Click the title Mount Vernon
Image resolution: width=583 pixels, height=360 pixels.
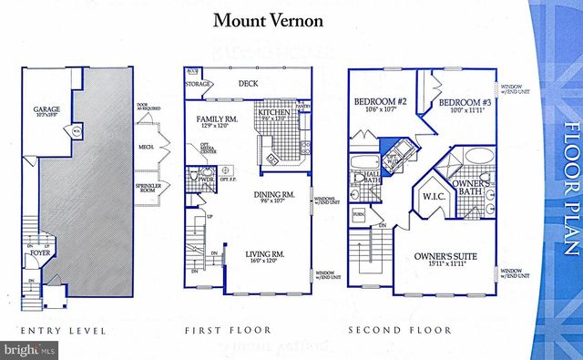click(x=267, y=19)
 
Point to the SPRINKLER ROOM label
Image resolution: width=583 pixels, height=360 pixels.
click(x=148, y=192)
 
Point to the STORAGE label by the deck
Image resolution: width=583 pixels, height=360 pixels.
click(x=199, y=85)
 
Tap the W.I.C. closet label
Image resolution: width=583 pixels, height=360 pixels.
click(x=432, y=195)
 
